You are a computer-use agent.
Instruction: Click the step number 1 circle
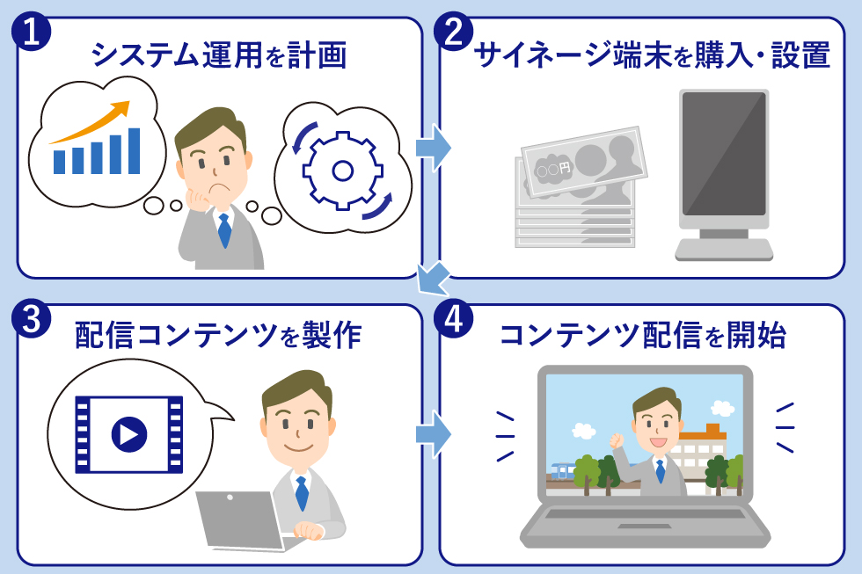(31, 31)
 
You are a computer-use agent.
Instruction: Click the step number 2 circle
(454, 32)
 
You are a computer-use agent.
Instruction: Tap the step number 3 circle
(31, 320)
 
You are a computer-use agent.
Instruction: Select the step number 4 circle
(454, 320)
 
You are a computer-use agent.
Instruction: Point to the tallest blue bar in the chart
(134, 150)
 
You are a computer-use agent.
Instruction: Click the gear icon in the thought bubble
(343, 170)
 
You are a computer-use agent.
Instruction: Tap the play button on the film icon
(128, 433)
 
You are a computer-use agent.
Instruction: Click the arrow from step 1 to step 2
(432, 145)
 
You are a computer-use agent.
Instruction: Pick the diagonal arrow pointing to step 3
(432, 280)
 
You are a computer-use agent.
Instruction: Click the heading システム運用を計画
(219, 56)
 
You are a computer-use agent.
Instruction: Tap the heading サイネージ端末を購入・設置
(652, 56)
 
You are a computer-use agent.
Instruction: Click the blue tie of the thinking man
(225, 229)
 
